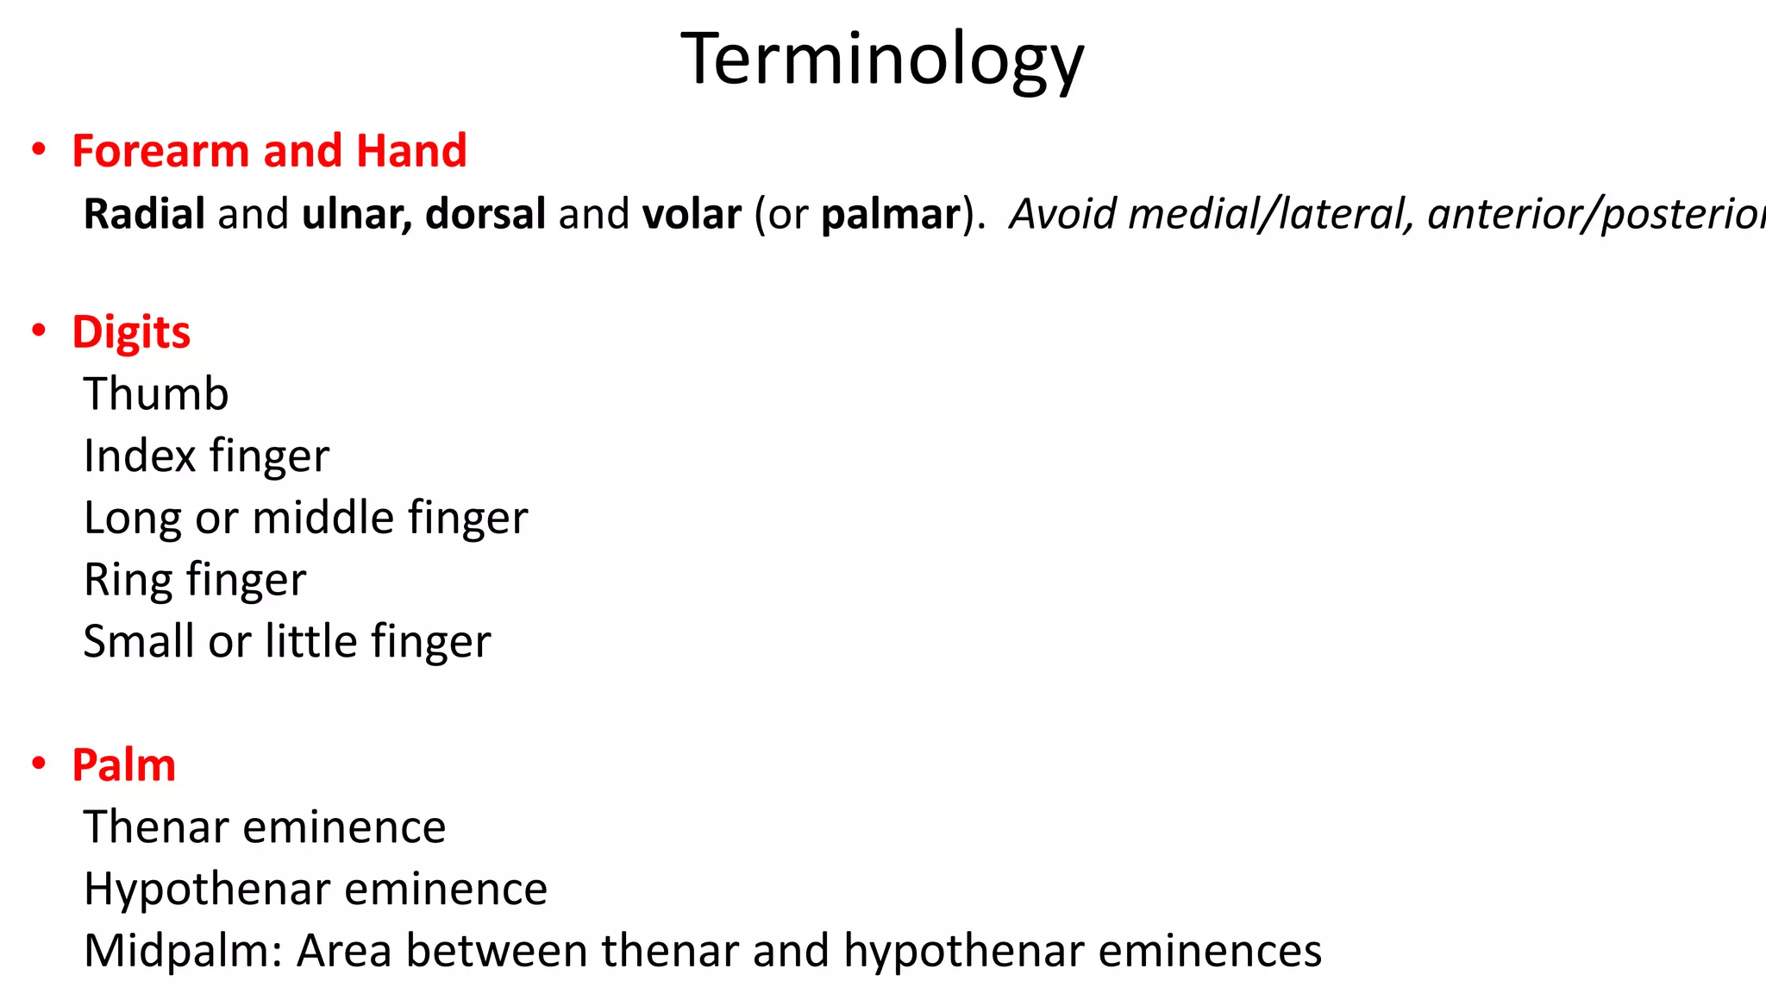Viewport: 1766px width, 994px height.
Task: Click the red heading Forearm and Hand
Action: tap(269, 151)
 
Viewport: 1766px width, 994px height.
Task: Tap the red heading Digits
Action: tap(131, 332)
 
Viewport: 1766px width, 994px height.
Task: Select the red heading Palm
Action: tap(124, 765)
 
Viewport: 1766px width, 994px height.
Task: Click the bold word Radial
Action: tap(144, 214)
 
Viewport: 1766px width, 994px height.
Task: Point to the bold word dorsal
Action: tap(485, 214)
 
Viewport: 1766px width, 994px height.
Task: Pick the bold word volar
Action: tap(692, 214)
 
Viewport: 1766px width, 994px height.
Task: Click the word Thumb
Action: tap(156, 394)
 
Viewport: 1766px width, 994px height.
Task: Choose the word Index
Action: tap(141, 456)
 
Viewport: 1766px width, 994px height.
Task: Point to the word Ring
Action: tap(128, 581)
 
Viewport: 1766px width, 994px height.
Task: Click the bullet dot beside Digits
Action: tap(39, 330)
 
